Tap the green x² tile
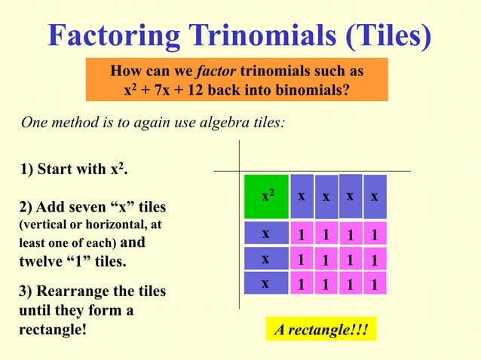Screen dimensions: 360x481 tap(267, 197)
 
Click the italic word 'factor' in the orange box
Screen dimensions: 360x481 tap(217, 72)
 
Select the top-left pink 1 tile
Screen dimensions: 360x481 tap(301, 234)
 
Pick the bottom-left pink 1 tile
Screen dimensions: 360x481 tap(301, 285)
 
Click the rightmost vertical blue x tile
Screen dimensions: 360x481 tap(375, 197)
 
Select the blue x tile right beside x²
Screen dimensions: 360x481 tap(301, 197)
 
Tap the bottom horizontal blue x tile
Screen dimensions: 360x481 tap(266, 285)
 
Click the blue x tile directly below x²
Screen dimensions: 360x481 tap(266, 234)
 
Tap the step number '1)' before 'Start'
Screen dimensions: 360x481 tap(25, 168)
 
